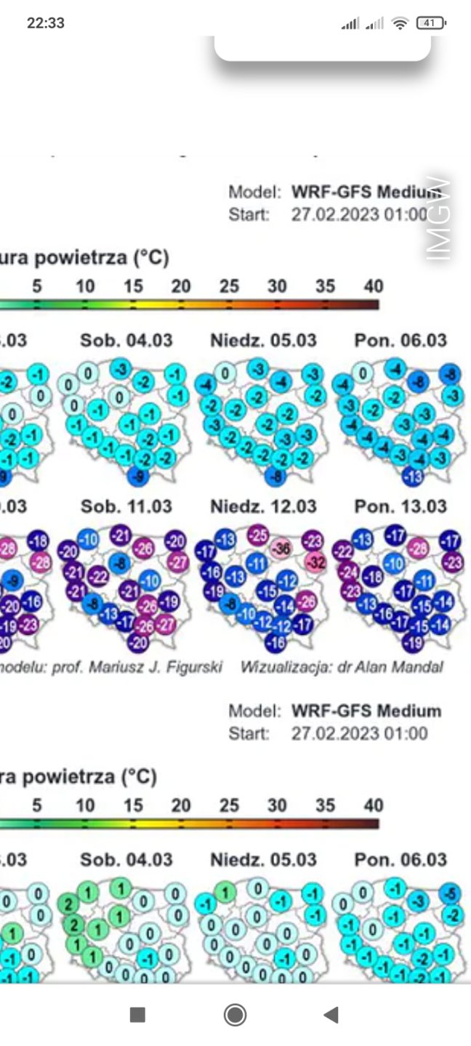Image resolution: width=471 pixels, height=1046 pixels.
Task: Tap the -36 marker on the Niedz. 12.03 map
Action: coord(284,549)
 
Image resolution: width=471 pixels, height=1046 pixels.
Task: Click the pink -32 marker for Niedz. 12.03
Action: coord(315,562)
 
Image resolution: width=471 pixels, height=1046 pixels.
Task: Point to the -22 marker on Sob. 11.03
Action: coord(97,576)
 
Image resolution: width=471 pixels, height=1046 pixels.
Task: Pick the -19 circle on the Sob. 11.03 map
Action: coord(169,601)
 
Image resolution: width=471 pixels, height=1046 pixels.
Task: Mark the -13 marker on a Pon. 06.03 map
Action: coord(413,477)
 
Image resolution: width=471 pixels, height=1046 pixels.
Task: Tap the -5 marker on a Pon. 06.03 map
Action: coord(450,893)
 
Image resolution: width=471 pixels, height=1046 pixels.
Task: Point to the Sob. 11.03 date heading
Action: coord(126,506)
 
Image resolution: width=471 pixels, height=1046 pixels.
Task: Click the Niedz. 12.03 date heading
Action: coord(263,506)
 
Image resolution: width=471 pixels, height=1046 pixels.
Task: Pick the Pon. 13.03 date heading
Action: coord(400,506)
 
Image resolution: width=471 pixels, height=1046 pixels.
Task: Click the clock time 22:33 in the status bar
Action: coord(46,23)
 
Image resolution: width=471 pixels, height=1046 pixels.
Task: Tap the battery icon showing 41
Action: coord(430,23)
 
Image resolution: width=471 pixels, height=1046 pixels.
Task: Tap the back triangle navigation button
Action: coord(331,1014)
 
